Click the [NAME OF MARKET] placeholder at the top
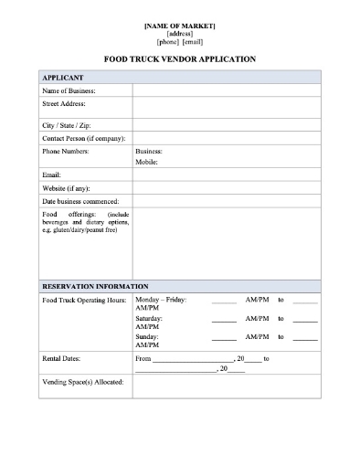pyautogui.click(x=180, y=25)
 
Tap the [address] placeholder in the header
pyautogui.click(x=180, y=33)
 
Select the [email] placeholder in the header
pyautogui.click(x=193, y=42)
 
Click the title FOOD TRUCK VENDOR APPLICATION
pyautogui.click(x=180, y=59)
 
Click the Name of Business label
pyautogui.click(x=69, y=91)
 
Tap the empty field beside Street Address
pyautogui.click(x=226, y=107)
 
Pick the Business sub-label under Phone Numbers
pyautogui.click(x=149, y=150)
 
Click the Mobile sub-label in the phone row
pyautogui.click(x=147, y=162)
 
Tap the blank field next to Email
pyautogui.click(x=226, y=174)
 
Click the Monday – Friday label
pyautogui.click(x=161, y=299)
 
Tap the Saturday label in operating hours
pyautogui.click(x=150, y=318)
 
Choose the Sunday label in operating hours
pyautogui.click(x=147, y=337)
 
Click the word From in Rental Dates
pyautogui.click(x=143, y=359)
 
